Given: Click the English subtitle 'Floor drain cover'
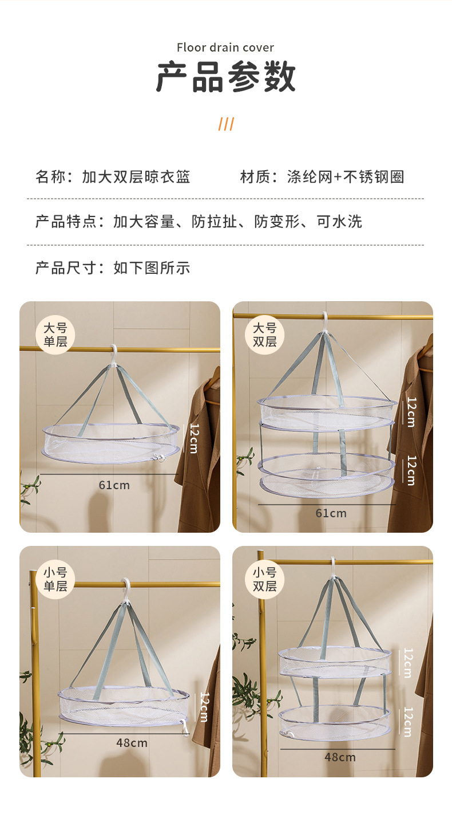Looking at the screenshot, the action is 225,48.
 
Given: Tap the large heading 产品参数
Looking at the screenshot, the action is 226,77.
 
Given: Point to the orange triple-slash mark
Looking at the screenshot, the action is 226,124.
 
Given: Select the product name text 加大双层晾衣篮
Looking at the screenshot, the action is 136,176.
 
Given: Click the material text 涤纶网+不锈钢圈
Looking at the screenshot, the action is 346,176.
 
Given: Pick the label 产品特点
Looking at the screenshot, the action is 66,222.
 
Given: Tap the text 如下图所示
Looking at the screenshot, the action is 152,268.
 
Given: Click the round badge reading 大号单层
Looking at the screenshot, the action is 55,335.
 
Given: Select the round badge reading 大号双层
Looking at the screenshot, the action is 264,335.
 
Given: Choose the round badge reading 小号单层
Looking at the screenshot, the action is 55,579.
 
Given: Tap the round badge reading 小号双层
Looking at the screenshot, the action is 264,579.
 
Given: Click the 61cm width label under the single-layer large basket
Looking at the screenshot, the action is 114,485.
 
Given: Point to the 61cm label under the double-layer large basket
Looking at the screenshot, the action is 331,513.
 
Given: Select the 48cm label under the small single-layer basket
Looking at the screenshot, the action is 132,743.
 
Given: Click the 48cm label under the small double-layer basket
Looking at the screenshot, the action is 340,757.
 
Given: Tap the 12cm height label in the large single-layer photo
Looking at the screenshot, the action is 194,438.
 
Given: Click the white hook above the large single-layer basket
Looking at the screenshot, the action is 114,356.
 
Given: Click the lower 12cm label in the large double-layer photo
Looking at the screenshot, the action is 411,470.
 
